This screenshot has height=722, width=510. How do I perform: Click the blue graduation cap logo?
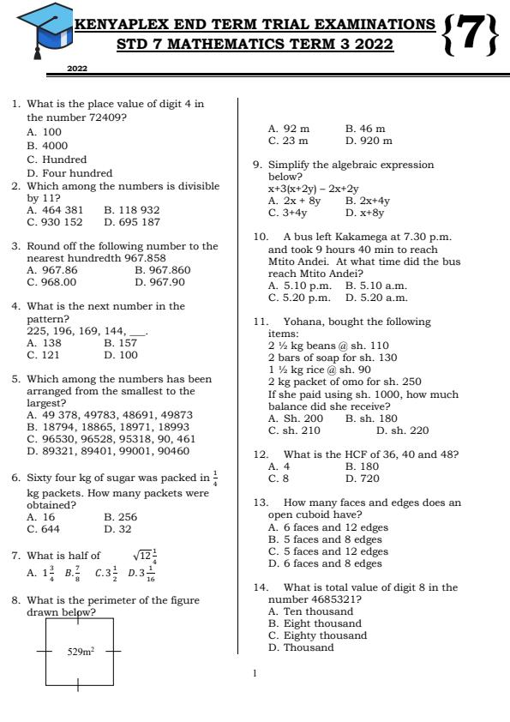pyautogui.click(x=43, y=29)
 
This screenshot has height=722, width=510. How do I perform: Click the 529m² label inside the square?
pyautogui.click(x=81, y=653)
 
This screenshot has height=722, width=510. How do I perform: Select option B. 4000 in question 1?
pyautogui.click(x=47, y=146)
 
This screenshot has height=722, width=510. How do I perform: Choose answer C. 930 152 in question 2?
pyautogui.click(x=55, y=222)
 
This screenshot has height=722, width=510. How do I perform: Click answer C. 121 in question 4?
pyautogui.click(x=44, y=354)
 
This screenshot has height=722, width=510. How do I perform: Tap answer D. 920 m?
pyautogui.click(x=369, y=141)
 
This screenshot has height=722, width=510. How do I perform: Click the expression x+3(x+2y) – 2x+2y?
pyautogui.click(x=314, y=189)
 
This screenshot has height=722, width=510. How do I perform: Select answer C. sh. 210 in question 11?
pyautogui.click(x=294, y=430)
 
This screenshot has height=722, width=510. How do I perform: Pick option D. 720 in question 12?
pyautogui.click(x=363, y=478)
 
